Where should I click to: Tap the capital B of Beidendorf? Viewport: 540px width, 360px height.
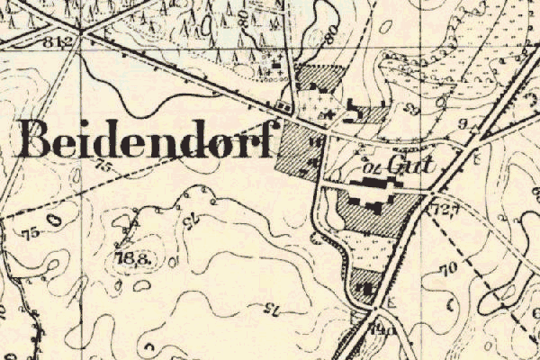(x=36, y=139)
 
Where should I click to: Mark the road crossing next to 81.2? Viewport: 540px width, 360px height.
(x=81, y=33)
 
